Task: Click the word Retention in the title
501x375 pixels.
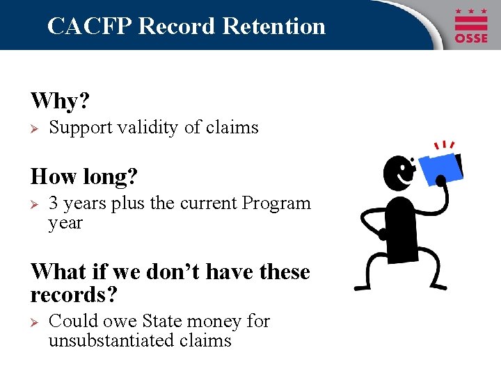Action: pyautogui.click(x=274, y=26)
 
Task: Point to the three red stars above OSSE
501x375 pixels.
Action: pyautogui.click(x=471, y=12)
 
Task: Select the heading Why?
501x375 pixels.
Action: pyautogui.click(x=61, y=101)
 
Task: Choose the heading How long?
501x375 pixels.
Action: pyautogui.click(x=84, y=176)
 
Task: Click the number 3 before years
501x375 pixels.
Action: pyautogui.click(x=53, y=203)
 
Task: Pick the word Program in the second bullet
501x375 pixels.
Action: pyautogui.click(x=276, y=203)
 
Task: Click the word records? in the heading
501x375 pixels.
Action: pyautogui.click(x=74, y=295)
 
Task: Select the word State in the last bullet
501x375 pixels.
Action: pyautogui.click(x=161, y=322)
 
